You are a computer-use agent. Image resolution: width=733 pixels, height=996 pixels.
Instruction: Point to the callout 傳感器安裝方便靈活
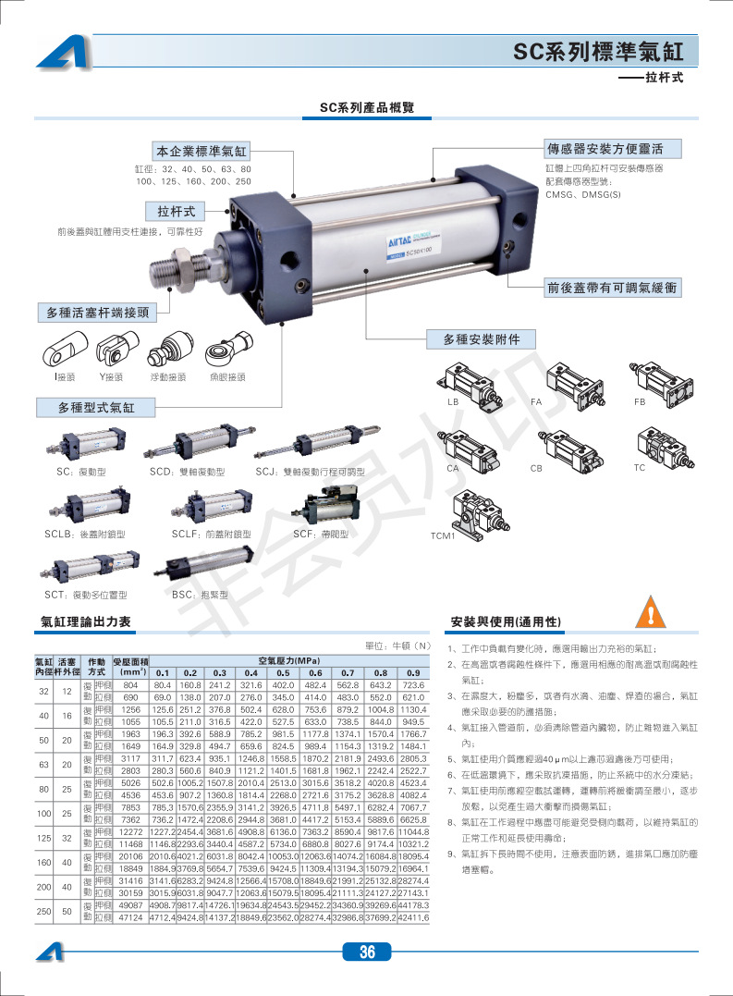click(x=613, y=149)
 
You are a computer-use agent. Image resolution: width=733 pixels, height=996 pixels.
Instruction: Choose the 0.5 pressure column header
click(x=283, y=672)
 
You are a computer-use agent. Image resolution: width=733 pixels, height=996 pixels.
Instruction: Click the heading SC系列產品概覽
click(x=367, y=108)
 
